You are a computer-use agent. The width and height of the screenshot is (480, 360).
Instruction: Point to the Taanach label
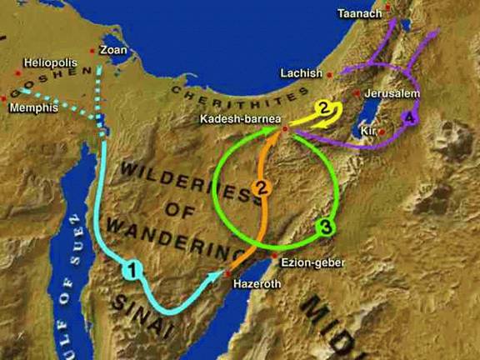pos(360,13)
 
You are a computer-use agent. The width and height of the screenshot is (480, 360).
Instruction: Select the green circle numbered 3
pos(327,225)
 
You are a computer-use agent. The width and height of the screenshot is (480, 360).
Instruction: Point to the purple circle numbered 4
pos(407,118)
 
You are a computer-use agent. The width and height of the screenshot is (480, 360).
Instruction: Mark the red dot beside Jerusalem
pos(357,93)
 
